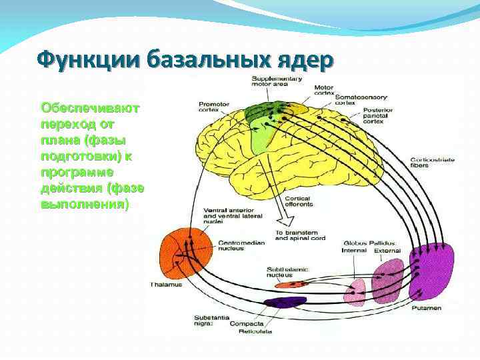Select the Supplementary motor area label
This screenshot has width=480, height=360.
tap(277, 83)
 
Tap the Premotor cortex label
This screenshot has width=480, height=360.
tap(214, 107)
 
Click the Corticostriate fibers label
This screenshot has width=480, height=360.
tap(430, 163)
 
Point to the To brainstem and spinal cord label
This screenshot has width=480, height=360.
tap(300, 235)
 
